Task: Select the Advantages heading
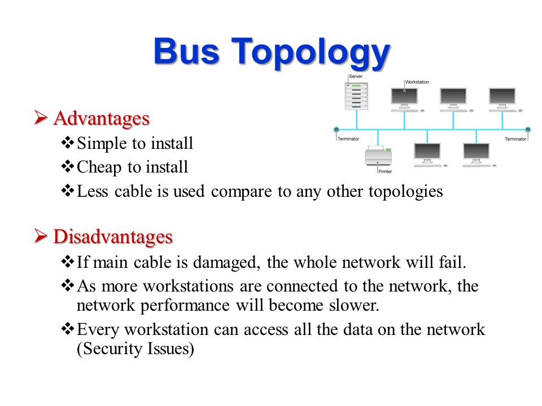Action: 102,118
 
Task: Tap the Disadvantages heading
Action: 113,237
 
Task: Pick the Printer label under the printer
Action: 385,171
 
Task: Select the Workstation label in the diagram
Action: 417,82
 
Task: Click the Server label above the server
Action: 356,76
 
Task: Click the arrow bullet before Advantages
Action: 41,118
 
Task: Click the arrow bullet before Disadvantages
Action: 41,237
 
